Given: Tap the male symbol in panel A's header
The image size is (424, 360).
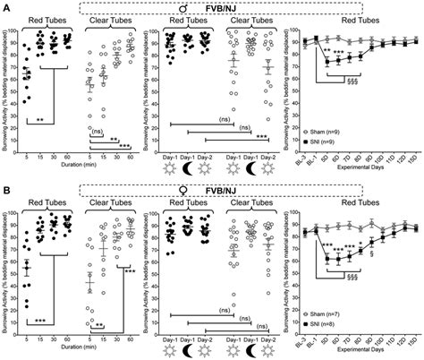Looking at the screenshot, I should (208, 10).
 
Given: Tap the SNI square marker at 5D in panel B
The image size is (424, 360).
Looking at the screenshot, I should (328, 260).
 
